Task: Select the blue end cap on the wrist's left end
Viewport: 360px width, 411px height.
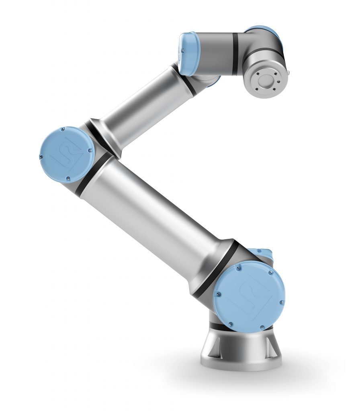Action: click(x=187, y=54)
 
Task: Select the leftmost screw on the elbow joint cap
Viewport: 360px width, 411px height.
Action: click(x=41, y=157)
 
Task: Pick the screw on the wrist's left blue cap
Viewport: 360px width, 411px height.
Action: click(x=182, y=51)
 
